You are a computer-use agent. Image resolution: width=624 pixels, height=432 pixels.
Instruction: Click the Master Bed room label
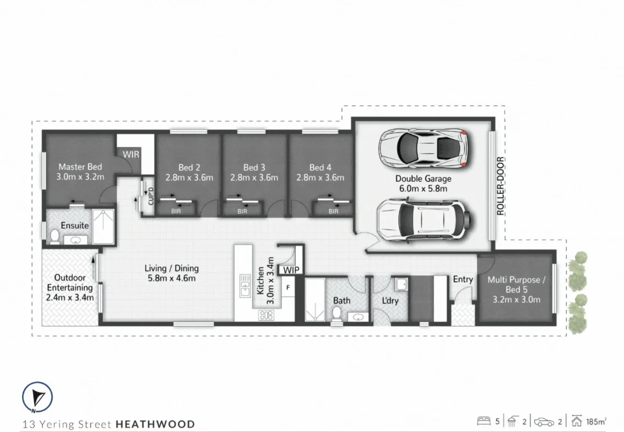[x=80, y=167]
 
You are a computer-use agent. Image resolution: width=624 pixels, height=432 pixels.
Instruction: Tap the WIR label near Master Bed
[x=130, y=154]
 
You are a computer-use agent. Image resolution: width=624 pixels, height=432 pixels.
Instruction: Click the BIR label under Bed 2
[x=176, y=211]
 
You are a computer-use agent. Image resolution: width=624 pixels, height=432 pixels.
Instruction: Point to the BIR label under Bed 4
[x=333, y=211]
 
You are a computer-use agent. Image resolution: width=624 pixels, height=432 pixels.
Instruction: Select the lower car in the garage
[x=424, y=220]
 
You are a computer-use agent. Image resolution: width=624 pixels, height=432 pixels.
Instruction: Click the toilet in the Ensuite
[x=54, y=236]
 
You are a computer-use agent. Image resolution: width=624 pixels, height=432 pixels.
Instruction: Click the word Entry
[x=463, y=279]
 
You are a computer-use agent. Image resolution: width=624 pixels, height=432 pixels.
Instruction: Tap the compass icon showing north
[x=37, y=397]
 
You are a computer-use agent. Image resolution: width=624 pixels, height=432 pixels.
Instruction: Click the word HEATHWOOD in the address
[x=155, y=424]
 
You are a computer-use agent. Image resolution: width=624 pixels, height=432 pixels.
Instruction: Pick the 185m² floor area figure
[x=595, y=422]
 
